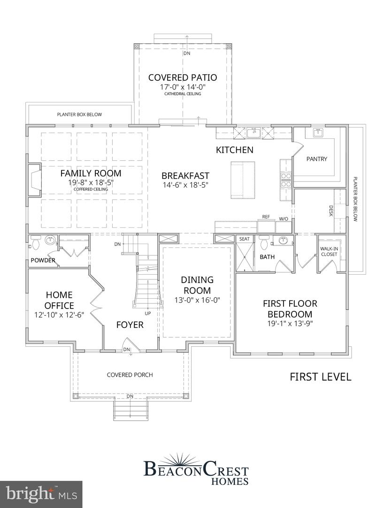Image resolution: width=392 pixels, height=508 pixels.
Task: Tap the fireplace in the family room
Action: [x=34, y=180]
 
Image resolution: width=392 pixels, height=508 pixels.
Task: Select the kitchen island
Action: [x=243, y=180]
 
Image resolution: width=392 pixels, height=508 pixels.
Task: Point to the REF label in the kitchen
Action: [x=266, y=217]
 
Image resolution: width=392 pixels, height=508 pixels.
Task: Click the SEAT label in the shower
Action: [x=244, y=239]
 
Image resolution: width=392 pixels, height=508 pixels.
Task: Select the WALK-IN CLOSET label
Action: [x=329, y=251]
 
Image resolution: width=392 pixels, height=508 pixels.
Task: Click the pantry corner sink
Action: [x=318, y=132]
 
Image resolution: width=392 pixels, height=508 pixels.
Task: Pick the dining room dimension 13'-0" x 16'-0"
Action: [x=197, y=300]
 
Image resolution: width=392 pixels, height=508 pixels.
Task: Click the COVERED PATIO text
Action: [x=183, y=78]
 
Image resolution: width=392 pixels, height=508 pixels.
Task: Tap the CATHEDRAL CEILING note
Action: [x=183, y=94]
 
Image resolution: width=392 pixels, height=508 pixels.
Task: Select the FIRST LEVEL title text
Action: [x=320, y=377]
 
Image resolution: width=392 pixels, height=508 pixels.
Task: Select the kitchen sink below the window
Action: [x=254, y=132]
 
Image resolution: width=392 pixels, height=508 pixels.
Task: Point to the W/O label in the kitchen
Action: [x=284, y=218]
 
